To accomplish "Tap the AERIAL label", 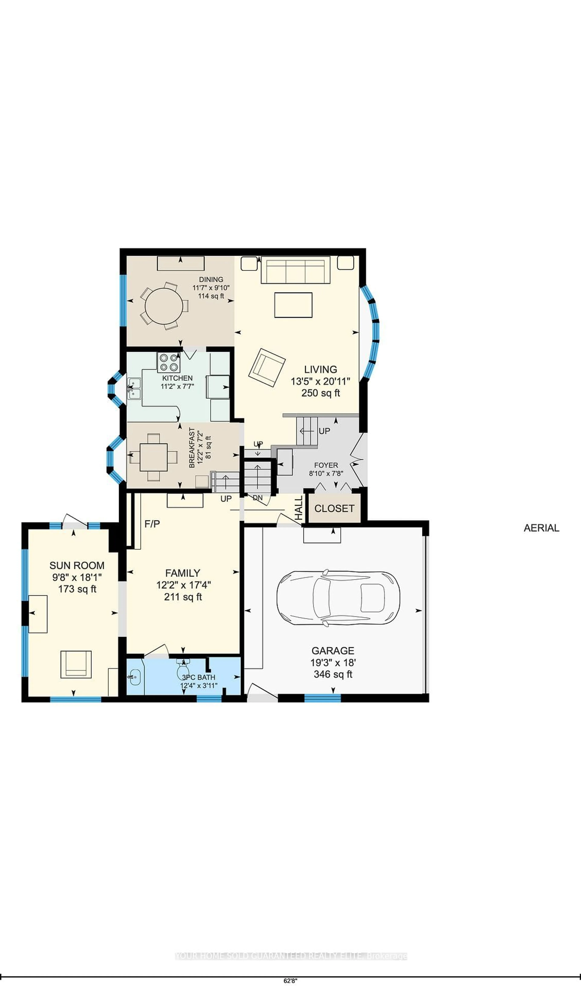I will [x=541, y=528].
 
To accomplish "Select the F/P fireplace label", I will [x=152, y=523].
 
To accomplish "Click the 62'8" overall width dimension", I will [x=290, y=981].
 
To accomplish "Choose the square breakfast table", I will [x=154, y=457].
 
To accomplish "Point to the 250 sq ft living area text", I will [x=320, y=393].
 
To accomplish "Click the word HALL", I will [x=299, y=508].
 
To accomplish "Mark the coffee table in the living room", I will [x=293, y=305].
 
